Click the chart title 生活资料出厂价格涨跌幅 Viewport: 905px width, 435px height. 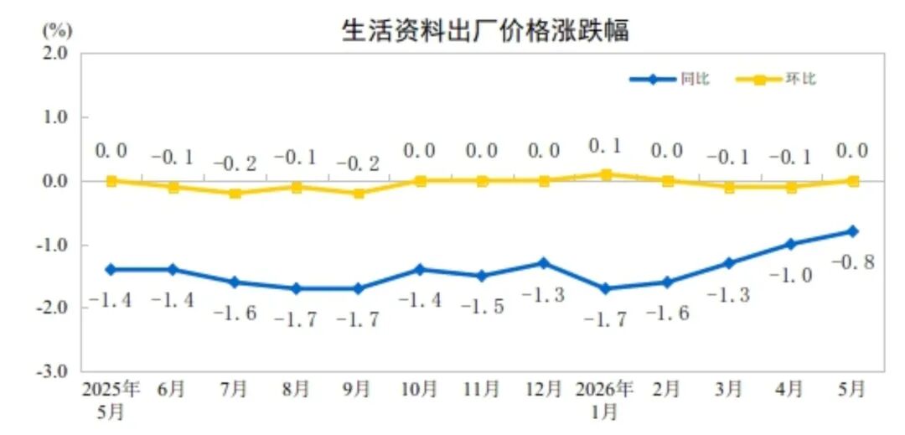(485, 30)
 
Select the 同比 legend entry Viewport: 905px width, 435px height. (670, 80)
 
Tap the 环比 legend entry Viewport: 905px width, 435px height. (776, 80)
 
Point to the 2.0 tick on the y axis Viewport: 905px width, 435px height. (57, 53)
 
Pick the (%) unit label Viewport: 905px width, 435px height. (57, 28)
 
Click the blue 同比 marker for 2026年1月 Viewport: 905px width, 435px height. (606, 288)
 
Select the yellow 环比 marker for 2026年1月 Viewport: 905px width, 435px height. (606, 174)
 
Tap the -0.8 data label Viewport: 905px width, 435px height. (853, 262)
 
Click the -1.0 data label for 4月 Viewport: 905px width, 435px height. (791, 276)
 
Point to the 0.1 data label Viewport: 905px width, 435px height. (606, 146)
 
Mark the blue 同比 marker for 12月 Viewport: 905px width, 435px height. (544, 263)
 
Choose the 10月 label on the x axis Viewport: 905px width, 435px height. (420, 390)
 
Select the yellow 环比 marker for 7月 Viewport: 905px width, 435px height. (235, 194)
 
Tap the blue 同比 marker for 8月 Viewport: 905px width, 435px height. (297, 288)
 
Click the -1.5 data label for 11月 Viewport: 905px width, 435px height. (483, 307)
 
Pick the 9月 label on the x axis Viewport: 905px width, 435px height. (357, 390)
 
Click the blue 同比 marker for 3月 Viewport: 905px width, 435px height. (729, 263)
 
